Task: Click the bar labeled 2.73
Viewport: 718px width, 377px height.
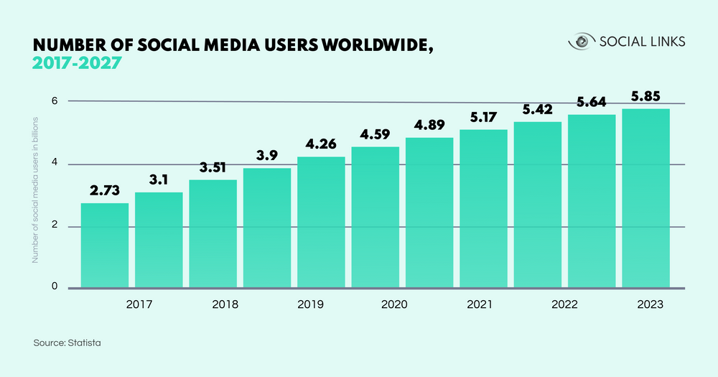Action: pyautogui.click(x=105, y=246)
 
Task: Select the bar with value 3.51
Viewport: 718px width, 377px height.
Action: pyautogui.click(x=213, y=233)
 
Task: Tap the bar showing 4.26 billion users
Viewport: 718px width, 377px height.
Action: pyautogui.click(x=321, y=222)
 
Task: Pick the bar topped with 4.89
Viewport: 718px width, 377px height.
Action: pyautogui.click(x=429, y=213)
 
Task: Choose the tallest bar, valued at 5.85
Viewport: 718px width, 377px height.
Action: pyautogui.click(x=645, y=198)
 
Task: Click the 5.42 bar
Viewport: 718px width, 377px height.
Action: pyautogui.click(x=538, y=205)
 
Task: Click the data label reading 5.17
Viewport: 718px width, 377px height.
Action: pyautogui.click(x=483, y=116)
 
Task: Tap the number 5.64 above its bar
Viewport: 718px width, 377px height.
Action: pyautogui.click(x=592, y=101)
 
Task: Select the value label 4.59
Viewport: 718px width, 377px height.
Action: pyautogui.click(x=375, y=134)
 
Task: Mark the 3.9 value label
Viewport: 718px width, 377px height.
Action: pyautogui.click(x=267, y=155)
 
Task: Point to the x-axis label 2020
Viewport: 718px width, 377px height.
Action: pyautogui.click(x=393, y=304)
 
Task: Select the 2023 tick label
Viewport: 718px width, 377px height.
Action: pyautogui.click(x=650, y=304)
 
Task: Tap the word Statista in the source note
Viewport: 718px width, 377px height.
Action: pyautogui.click(x=84, y=343)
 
